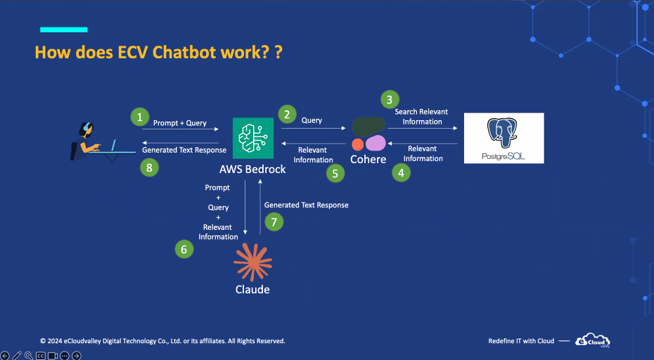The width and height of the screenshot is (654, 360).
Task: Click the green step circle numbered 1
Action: [x=140, y=117]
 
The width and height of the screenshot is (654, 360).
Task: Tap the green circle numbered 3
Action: [x=390, y=100]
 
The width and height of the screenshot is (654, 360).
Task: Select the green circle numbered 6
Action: [x=184, y=250]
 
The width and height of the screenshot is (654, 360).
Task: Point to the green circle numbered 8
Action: [x=149, y=168]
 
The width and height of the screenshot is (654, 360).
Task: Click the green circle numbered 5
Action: [x=335, y=174]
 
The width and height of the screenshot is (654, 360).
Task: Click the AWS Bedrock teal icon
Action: [x=253, y=138]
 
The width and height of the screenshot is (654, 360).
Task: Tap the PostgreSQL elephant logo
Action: [x=502, y=133]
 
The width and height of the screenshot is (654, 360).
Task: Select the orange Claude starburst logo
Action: [x=252, y=262]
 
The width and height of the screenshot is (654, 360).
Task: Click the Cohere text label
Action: [x=368, y=160]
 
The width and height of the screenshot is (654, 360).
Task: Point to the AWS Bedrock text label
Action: [x=252, y=169]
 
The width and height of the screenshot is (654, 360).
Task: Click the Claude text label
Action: [x=252, y=290]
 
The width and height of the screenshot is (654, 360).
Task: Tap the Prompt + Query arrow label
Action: [x=180, y=123]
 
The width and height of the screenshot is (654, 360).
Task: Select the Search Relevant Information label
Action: [x=422, y=117]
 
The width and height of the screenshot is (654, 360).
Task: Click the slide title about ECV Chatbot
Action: [x=158, y=53]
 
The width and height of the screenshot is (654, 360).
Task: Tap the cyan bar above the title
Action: [x=64, y=30]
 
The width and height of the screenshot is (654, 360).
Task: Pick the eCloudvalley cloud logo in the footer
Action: [x=593, y=340]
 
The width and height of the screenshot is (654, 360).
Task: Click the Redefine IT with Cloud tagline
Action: [x=521, y=341]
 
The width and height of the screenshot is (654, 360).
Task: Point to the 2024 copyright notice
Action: [x=162, y=341]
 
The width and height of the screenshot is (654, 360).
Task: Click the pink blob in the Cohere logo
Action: [x=376, y=143]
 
